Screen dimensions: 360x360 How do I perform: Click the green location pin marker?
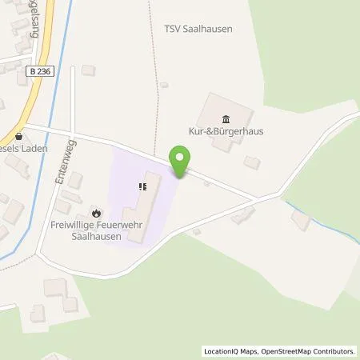(182, 162)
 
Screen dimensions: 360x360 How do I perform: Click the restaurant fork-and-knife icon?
(142, 186)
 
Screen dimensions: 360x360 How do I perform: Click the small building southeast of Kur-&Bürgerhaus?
(251, 162)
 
